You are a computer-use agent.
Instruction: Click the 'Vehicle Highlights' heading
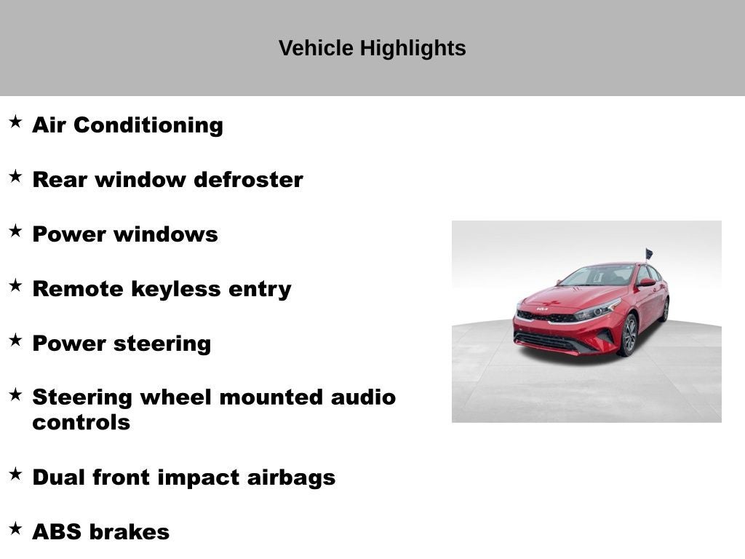pos(372,49)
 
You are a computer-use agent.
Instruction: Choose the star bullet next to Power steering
pos(15,340)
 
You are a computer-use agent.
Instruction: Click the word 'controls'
pos(81,422)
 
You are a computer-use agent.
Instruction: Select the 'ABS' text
pos(56,532)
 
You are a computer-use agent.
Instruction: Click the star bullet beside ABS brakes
pos(15,528)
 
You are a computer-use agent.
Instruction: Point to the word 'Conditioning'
pos(148,125)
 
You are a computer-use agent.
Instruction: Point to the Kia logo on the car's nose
pos(541,309)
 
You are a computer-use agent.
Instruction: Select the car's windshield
pos(597,275)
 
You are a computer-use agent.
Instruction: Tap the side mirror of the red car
pos(646,282)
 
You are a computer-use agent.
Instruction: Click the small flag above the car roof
pos(648,253)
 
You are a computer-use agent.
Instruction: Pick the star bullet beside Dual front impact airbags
pos(15,474)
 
